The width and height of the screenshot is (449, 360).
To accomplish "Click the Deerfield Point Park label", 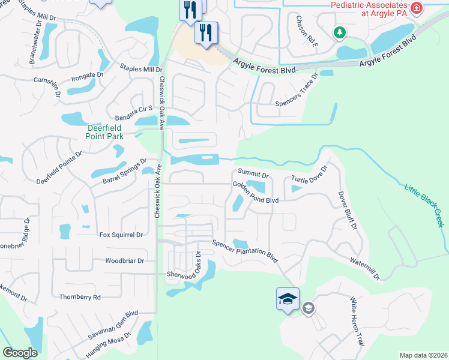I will tap(97, 132).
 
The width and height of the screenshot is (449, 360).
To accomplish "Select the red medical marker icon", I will tap(416, 8).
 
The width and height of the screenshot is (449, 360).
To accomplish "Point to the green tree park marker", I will tap(340, 32).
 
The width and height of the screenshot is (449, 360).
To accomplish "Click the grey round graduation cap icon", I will tap(309, 308).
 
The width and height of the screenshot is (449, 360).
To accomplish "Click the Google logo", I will tap(20, 353).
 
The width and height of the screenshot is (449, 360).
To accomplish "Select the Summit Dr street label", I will tap(255, 174).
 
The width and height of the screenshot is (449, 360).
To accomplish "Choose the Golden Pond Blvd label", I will tap(256, 192).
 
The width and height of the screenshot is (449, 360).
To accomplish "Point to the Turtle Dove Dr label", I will tap(309, 174).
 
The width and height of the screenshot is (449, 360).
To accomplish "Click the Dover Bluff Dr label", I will tap(348, 211).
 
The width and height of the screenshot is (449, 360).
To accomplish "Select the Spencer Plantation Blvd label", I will tap(245, 251).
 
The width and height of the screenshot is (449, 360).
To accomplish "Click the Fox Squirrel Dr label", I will tap(121, 235).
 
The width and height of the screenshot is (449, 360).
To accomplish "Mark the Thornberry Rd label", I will tap(80, 296).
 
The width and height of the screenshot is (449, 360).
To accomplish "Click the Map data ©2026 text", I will tap(423, 355).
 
